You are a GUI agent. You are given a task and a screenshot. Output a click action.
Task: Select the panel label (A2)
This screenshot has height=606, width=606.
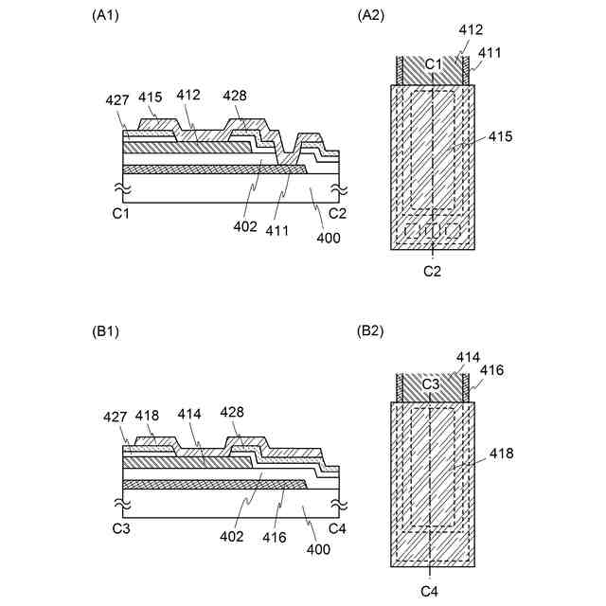[x=371, y=15]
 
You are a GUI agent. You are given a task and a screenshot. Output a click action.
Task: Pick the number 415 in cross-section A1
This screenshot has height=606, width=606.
[x=151, y=97]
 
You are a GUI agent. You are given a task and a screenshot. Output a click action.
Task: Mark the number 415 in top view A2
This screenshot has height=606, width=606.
[x=500, y=137]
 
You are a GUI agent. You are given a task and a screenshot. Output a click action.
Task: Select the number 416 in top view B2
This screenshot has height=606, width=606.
[x=490, y=370]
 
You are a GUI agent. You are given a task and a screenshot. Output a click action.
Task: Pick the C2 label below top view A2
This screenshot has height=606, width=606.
[x=433, y=271]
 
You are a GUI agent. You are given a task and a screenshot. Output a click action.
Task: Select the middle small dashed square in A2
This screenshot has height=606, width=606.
[x=433, y=230]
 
